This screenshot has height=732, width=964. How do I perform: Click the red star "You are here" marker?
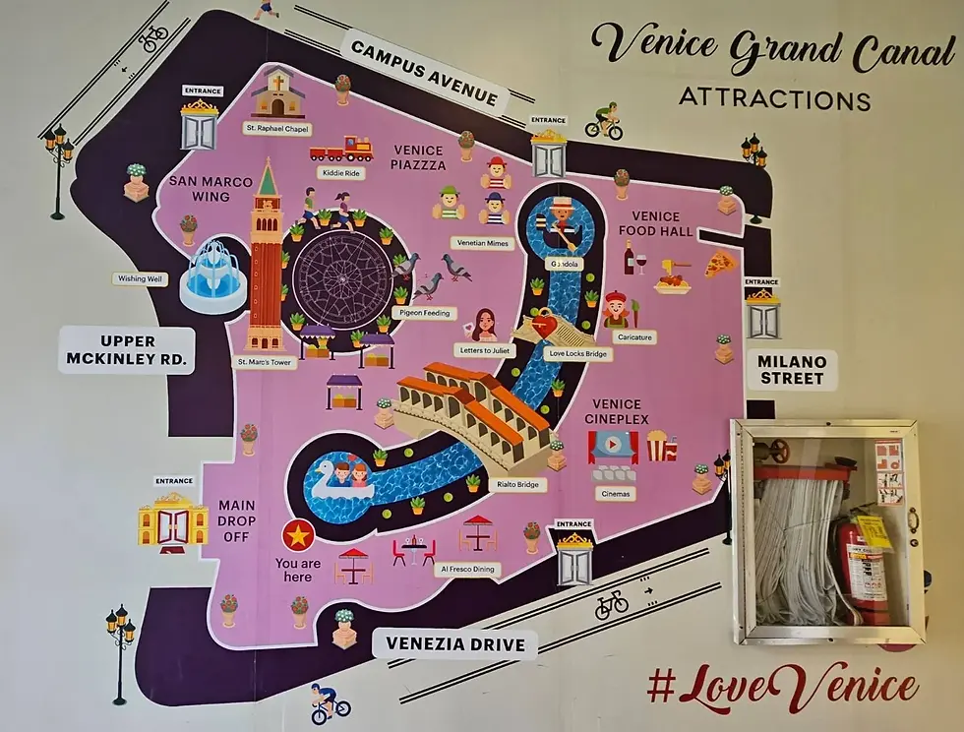[296, 536]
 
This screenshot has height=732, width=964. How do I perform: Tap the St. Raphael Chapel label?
[277, 128]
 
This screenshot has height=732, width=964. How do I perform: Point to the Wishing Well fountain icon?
[214, 268]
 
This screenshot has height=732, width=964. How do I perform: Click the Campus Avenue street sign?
[425, 72]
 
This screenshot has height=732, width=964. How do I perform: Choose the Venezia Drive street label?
[454, 645]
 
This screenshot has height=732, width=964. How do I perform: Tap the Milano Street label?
[791, 370]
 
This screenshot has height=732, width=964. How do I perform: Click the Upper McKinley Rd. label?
[128, 349]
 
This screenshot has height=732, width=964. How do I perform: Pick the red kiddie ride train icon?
[341, 149]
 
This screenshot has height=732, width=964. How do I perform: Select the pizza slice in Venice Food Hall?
[720, 263]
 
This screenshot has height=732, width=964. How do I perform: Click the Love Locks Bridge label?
[578, 353]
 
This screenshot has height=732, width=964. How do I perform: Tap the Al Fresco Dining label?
[467, 570]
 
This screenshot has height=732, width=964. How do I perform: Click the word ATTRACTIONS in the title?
[775, 99]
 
